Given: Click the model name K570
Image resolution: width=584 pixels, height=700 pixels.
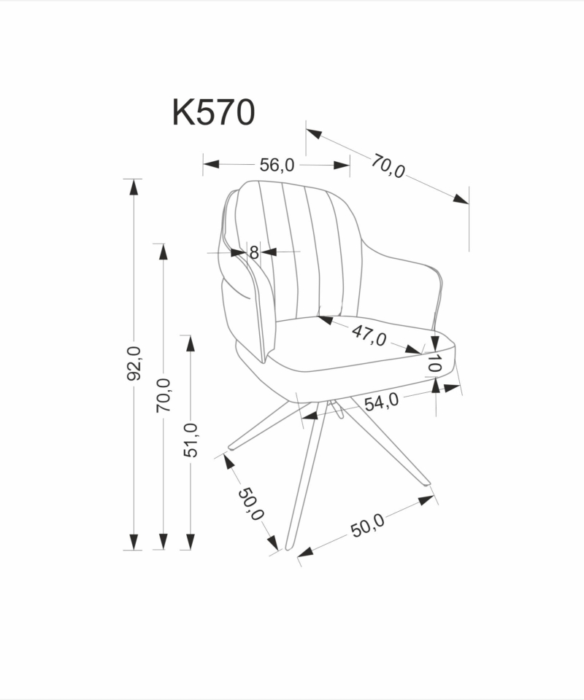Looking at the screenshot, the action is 214,112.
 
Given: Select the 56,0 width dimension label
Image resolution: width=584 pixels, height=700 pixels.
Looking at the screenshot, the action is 277,166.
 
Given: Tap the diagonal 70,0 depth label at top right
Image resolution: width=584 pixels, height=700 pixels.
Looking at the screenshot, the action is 388,166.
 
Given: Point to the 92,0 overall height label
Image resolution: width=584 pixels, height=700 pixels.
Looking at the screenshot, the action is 134,363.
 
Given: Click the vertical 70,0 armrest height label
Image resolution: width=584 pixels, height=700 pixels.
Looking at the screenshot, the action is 163,395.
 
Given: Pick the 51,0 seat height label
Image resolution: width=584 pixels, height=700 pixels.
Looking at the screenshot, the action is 191,440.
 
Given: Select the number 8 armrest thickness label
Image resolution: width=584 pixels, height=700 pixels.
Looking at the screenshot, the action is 254,253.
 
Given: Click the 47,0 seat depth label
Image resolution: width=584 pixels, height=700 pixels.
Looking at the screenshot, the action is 369,335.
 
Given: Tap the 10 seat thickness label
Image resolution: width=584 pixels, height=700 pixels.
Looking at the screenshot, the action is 434,363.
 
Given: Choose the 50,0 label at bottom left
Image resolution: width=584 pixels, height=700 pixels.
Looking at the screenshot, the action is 250,504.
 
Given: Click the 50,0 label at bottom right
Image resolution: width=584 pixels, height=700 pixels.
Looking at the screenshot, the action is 367,526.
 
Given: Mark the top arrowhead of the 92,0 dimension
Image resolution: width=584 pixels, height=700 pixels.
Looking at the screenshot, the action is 134,187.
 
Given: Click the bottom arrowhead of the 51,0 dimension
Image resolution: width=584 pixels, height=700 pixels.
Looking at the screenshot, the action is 191,542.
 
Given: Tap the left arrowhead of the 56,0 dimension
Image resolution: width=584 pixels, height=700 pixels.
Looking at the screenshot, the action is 212,164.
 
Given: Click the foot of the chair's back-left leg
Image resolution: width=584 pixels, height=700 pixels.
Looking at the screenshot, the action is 232,446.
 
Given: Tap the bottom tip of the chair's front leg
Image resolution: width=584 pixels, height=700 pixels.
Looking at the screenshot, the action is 288,548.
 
